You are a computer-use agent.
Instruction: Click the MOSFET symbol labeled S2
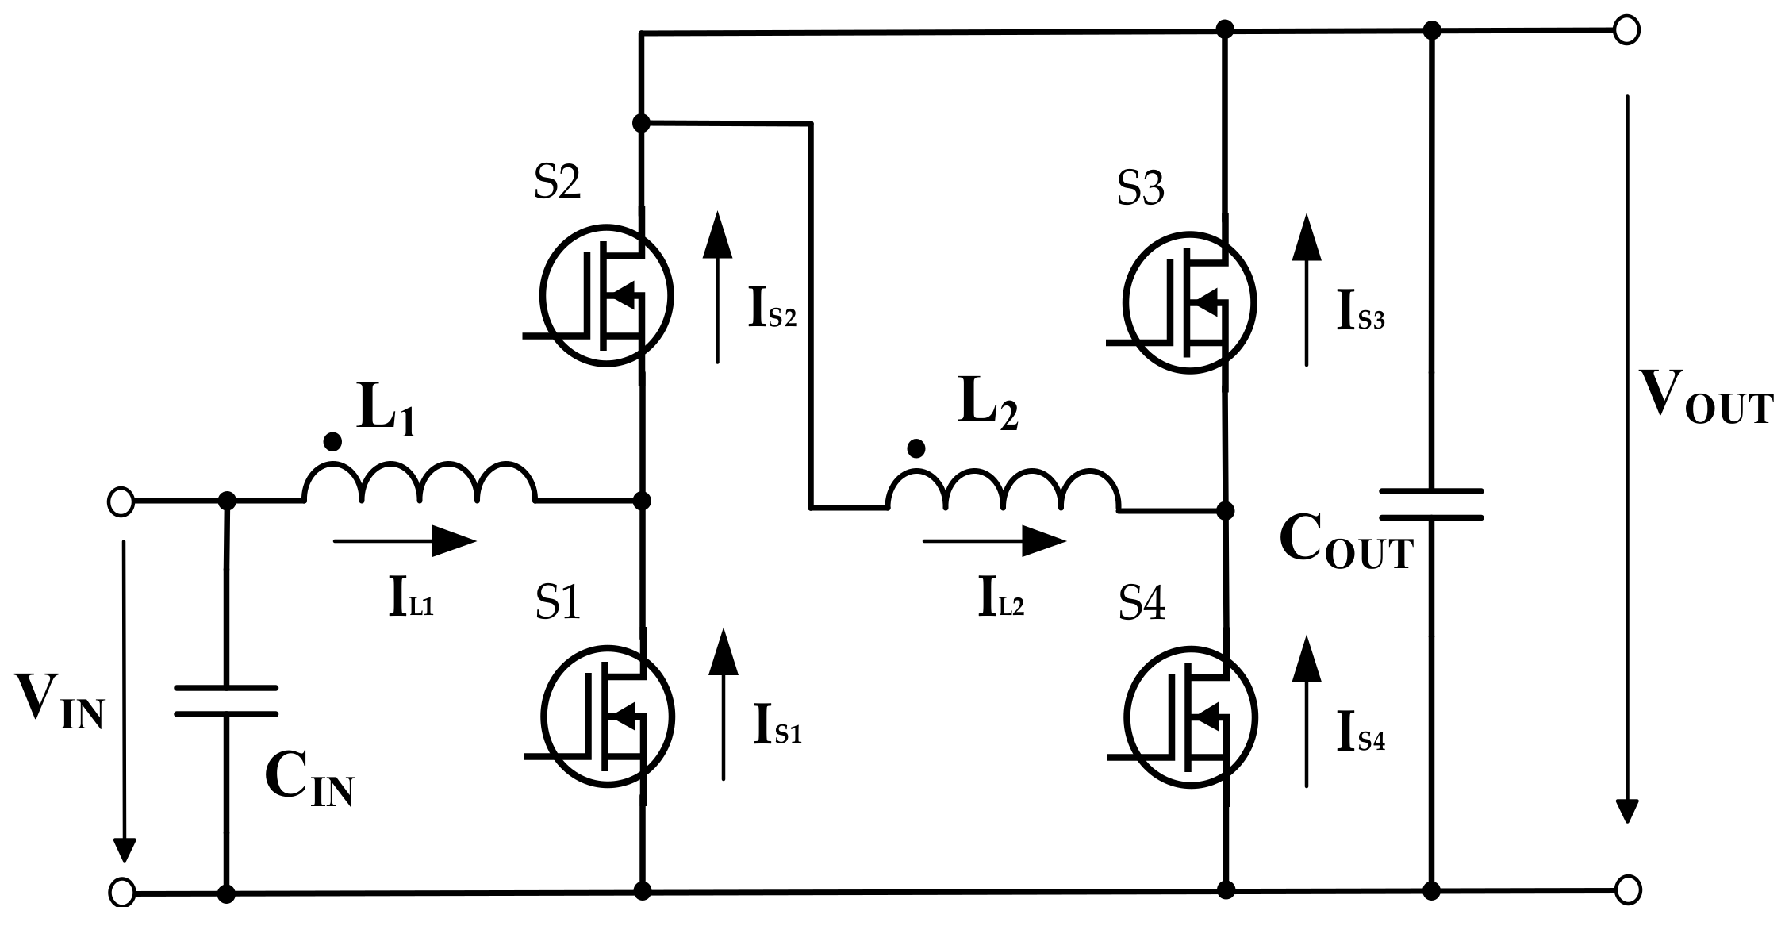tap(607, 295)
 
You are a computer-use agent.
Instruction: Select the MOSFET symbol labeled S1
tap(607, 716)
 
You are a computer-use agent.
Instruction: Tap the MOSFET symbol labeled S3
tap(1190, 303)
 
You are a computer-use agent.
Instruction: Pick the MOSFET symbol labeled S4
tap(1190, 718)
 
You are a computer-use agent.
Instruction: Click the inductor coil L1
tap(420, 482)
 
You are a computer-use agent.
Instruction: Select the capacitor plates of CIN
tap(226, 701)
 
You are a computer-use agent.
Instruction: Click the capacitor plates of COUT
tap(1431, 504)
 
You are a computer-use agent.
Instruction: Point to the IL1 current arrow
tap(405, 541)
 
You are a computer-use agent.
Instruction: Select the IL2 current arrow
tap(994, 543)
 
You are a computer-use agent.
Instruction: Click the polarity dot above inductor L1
tap(333, 442)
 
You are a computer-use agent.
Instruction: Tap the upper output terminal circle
tap(1626, 30)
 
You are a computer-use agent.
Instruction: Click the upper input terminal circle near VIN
tap(121, 502)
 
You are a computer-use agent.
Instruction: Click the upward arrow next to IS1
tap(723, 702)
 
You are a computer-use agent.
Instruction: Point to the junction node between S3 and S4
tap(1225, 510)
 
